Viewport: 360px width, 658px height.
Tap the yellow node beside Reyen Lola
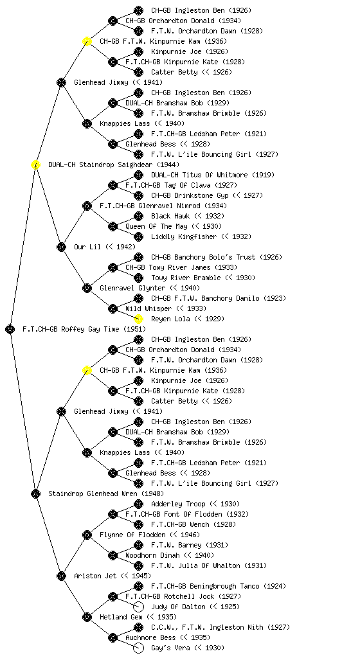pyautogui.click(x=138, y=319)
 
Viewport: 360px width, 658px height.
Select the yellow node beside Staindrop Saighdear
pyautogui.click(x=35, y=164)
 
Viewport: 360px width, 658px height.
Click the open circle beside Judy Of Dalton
pyautogui.click(x=138, y=607)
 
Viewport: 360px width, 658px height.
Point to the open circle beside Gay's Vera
pyautogui.click(x=138, y=648)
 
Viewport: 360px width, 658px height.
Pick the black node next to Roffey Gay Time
pyautogui.click(x=10, y=329)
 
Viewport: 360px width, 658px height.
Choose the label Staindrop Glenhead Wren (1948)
pyautogui.click(x=106, y=493)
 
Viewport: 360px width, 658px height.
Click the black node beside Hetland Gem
pyautogui.click(x=87, y=617)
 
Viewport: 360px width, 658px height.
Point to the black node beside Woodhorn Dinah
pyautogui.click(x=113, y=555)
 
